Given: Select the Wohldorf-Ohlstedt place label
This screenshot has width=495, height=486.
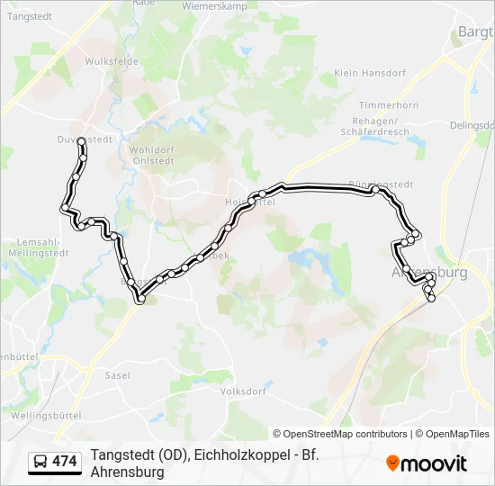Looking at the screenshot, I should [153, 155].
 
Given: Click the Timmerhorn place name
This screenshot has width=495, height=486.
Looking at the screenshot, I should [389, 105].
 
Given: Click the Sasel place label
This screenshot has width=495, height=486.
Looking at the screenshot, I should [118, 375].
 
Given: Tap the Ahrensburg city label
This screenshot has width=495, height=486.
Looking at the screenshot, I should [430, 272].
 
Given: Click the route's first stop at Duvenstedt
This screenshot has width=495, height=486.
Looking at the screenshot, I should [81, 140].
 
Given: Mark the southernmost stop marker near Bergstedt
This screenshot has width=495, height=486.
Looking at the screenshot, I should [139, 301].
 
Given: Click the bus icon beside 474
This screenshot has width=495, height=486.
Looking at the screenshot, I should [40, 462].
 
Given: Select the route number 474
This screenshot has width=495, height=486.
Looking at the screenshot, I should [65, 462].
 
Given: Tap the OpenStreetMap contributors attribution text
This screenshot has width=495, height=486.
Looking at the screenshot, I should [340, 434].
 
